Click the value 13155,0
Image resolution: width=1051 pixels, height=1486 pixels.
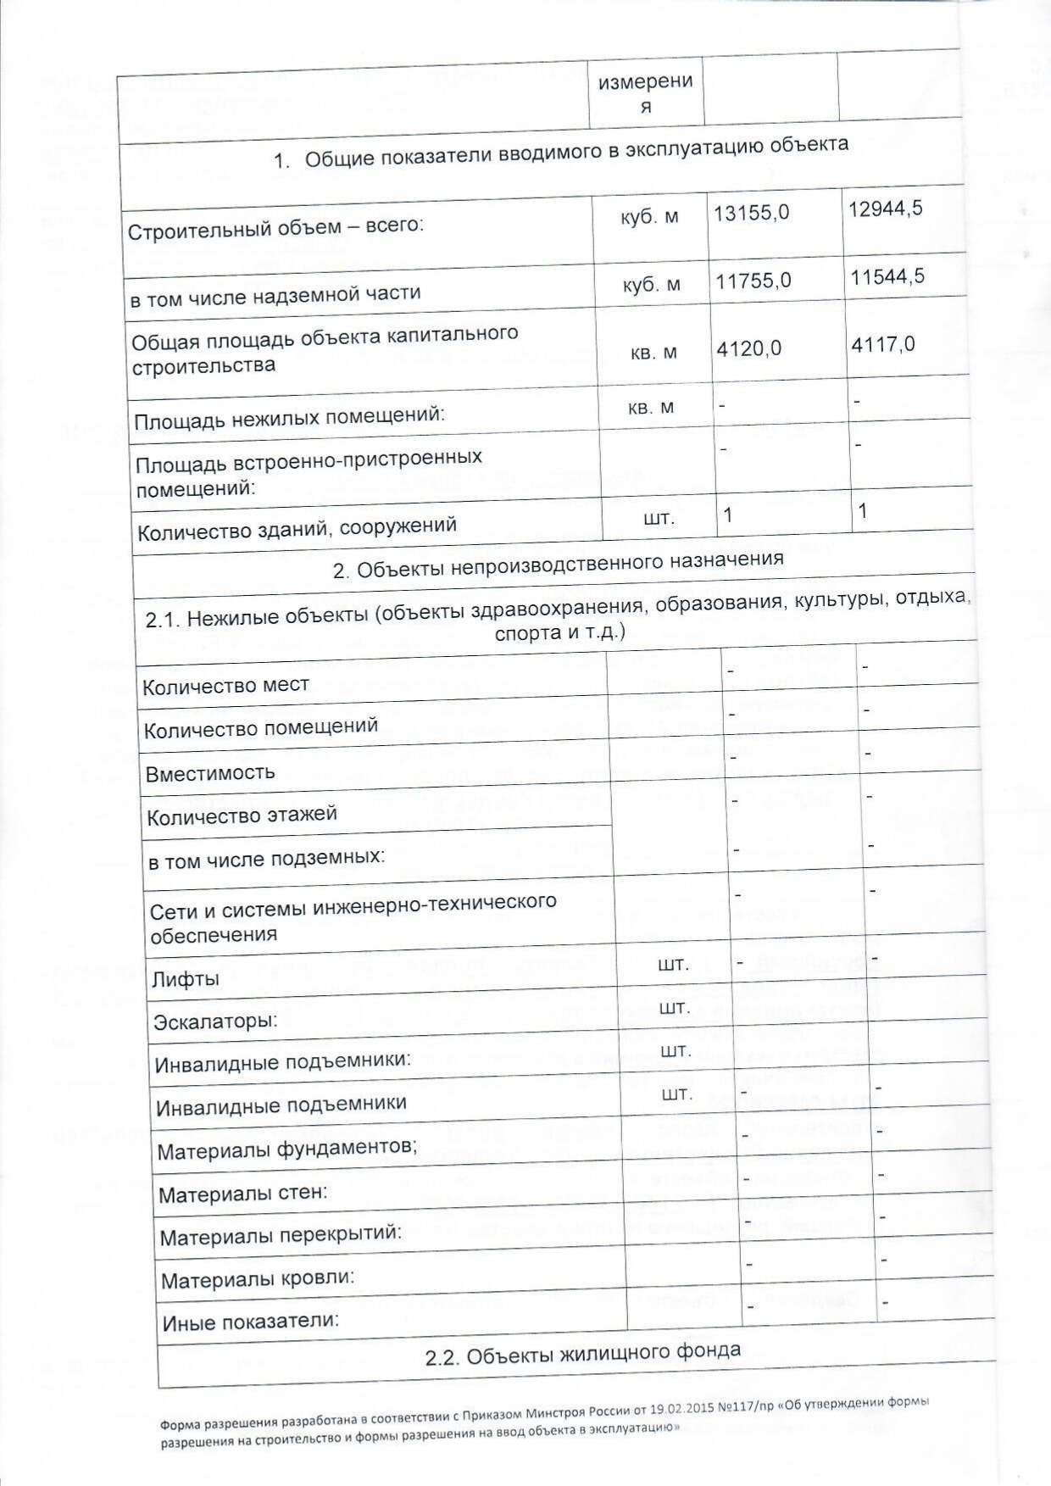pos(751,212)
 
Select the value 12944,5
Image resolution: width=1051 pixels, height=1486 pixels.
pos(886,208)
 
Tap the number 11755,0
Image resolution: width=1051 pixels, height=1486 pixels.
pos(753,280)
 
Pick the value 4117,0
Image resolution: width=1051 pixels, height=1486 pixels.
pos(883,344)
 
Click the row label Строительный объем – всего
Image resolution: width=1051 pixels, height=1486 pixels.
pos(275,228)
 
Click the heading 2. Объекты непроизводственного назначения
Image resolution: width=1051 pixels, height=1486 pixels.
pos(558,565)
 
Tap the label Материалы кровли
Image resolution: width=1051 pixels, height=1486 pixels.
pos(258,1278)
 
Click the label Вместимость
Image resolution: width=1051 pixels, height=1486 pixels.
pos(210,773)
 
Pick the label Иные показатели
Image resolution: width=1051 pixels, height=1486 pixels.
pos(251,1321)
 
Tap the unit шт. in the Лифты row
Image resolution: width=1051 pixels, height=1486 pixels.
pos(673,965)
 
